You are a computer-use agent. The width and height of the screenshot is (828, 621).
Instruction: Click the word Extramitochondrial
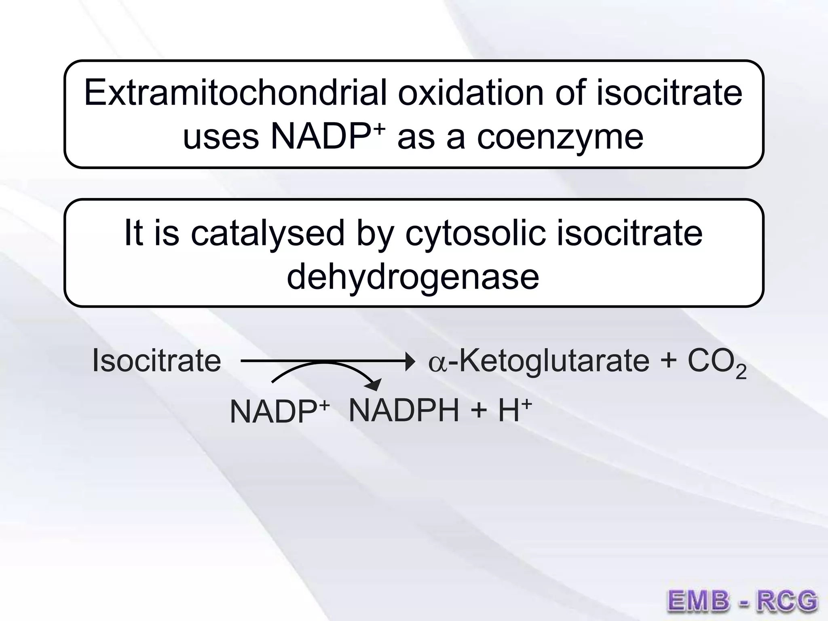point(235,93)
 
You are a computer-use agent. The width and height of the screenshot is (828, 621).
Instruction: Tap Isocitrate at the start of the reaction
point(156,360)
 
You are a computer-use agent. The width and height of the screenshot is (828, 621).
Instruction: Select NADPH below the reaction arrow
point(404,410)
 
